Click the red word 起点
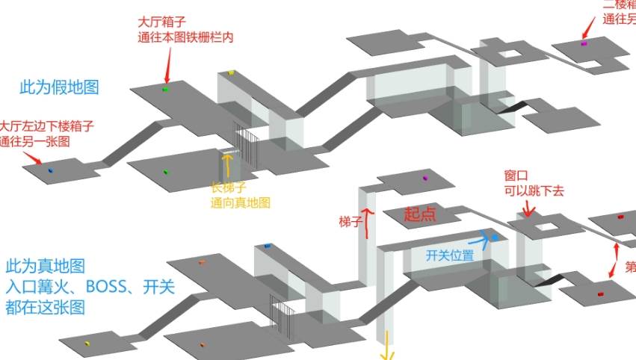(x=420, y=214)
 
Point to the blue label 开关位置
(x=450, y=255)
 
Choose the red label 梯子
(x=351, y=222)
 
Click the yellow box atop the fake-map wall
(x=232, y=72)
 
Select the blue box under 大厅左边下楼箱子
(x=51, y=170)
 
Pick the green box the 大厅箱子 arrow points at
(x=165, y=90)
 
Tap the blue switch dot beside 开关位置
(x=494, y=238)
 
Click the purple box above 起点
(x=425, y=178)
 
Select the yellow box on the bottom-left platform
(x=87, y=343)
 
